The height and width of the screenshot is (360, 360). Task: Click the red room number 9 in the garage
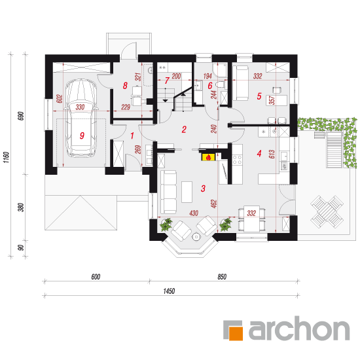pyautogui.click(x=82, y=135)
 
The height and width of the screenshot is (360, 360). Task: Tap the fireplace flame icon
pyautogui.click(x=208, y=157)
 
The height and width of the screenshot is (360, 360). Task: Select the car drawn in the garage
pyautogui.click(x=81, y=118)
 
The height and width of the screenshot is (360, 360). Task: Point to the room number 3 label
pyautogui.click(x=203, y=189)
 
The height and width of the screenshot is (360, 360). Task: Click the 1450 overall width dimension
pyautogui.click(x=169, y=291)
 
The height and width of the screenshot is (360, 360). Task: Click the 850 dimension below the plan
pyautogui.click(x=222, y=277)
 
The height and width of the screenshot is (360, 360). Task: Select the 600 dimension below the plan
pyautogui.click(x=96, y=277)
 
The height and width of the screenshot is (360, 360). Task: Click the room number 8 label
pyautogui.click(x=125, y=86)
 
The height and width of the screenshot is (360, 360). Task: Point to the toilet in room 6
pyautogui.click(x=220, y=84)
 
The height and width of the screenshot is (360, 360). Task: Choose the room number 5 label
pyautogui.click(x=259, y=96)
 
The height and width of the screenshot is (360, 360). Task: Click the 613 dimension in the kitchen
pyautogui.click(x=272, y=154)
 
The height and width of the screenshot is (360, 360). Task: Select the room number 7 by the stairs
pyautogui.click(x=167, y=81)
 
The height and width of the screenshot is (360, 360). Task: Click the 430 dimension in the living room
pyautogui.click(x=194, y=213)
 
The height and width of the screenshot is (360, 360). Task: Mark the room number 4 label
pyautogui.click(x=259, y=153)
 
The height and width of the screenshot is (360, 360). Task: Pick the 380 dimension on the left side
pyautogui.click(x=21, y=207)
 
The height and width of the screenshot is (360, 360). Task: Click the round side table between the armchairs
pyautogui.click(x=196, y=236)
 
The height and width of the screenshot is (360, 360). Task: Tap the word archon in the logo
pyautogui.click(x=299, y=329)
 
